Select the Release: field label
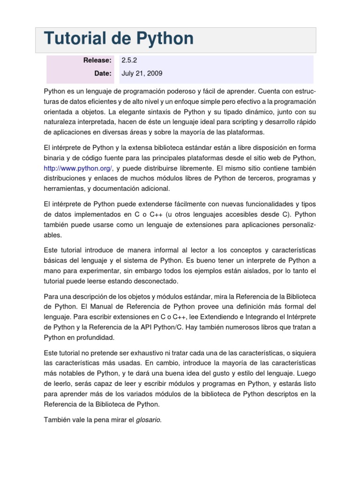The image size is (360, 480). (x=97, y=60)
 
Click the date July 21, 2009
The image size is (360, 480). (x=142, y=74)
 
